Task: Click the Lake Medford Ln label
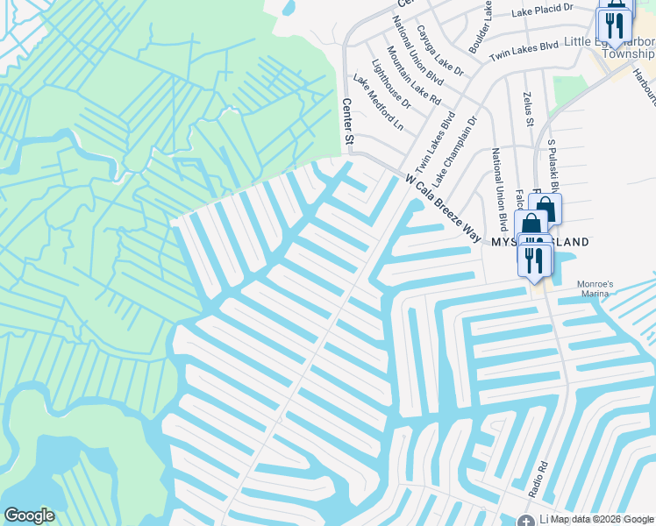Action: (x=378, y=103)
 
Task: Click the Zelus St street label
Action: (x=528, y=108)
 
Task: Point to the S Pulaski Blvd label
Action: (x=553, y=162)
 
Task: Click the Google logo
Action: (x=29, y=515)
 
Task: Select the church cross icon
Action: (x=525, y=520)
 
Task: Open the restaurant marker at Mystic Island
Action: (x=534, y=259)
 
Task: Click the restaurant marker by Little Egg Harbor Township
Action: (x=614, y=26)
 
